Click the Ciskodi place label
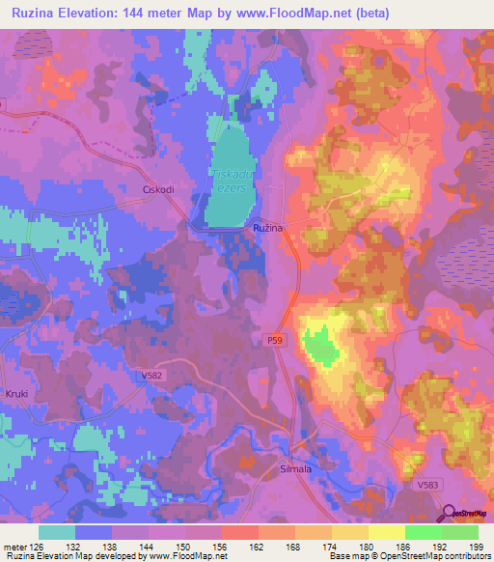pyautogui.click(x=157, y=190)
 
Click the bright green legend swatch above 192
pyautogui.click(x=423, y=532)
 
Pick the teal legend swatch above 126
pyautogui.click(x=57, y=532)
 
